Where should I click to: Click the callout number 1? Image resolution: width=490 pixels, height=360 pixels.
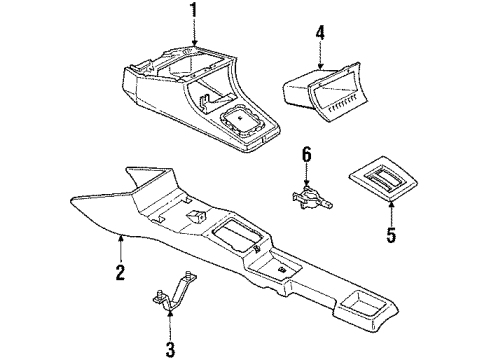(x=194, y=14)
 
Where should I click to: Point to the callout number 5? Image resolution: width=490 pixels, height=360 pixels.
(x=391, y=236)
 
